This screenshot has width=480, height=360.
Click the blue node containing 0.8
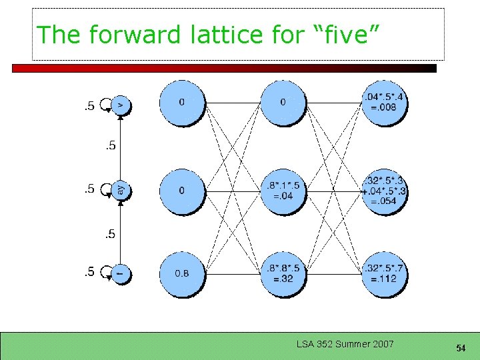point(182,273)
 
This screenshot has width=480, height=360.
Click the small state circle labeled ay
point(121,191)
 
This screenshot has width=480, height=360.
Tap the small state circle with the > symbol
point(121,105)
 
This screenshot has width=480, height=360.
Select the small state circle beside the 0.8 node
point(121,273)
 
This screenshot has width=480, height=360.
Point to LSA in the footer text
point(304,344)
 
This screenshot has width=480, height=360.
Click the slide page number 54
point(460,348)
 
